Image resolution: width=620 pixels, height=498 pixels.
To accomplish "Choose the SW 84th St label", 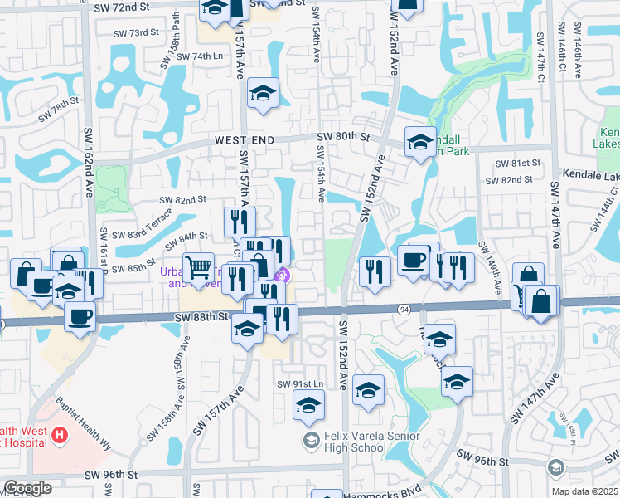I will pyautogui.click(x=187, y=237).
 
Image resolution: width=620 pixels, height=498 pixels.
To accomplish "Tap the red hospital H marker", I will pyautogui.click(x=59, y=434).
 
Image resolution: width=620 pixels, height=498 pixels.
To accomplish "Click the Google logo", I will pyautogui.click(x=27, y=488).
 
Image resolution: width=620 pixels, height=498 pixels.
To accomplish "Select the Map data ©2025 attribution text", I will pyautogui.click(x=584, y=491).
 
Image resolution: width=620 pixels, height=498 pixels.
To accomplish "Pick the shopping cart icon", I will pyautogui.click(x=198, y=267).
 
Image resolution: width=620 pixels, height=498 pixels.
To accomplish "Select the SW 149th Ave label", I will pyautogui.click(x=490, y=270).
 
